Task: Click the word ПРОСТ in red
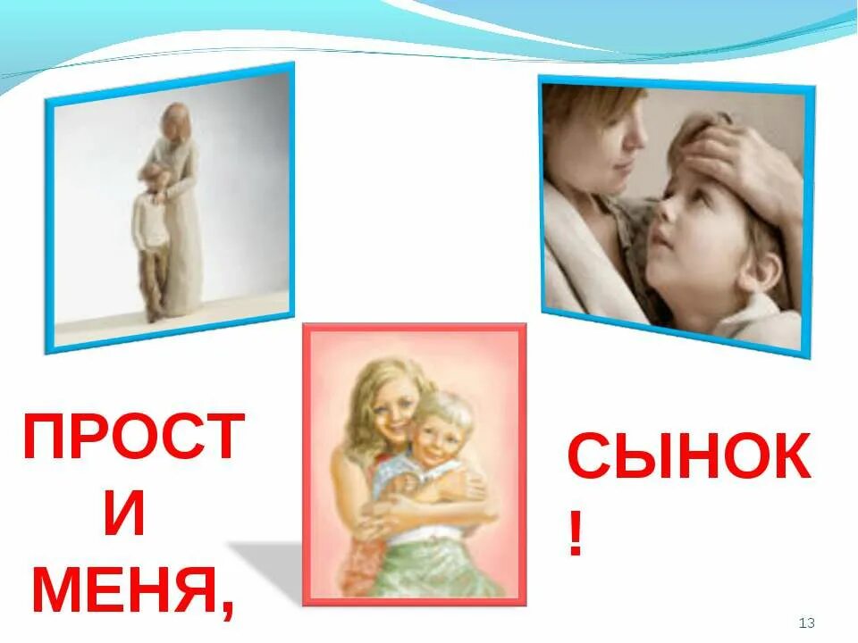pyautogui.click(x=132, y=438)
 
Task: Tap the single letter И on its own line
pyautogui.click(x=124, y=516)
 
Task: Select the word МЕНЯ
pyautogui.click(x=125, y=590)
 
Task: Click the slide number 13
pyautogui.click(x=806, y=622)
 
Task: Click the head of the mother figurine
pyautogui.click(x=178, y=121)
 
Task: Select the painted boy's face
pyautogui.click(x=437, y=431)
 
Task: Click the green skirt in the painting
pyautogui.click(x=420, y=563)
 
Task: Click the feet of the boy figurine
pyautogui.click(x=154, y=313)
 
